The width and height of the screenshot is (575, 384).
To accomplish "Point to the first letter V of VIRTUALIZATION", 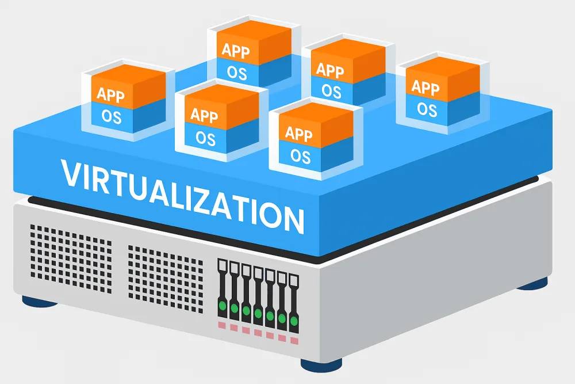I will point(70,174).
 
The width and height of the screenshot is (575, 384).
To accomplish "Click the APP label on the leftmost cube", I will point(110,94).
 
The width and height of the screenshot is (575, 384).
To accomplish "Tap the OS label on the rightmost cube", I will point(427,109).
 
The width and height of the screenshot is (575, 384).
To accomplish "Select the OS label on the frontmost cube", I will point(300,155).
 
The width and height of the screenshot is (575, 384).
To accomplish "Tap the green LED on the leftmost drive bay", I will point(222,303).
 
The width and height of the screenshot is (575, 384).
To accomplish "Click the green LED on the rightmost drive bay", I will point(294,318).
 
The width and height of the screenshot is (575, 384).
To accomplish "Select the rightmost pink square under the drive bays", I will point(294,340).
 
